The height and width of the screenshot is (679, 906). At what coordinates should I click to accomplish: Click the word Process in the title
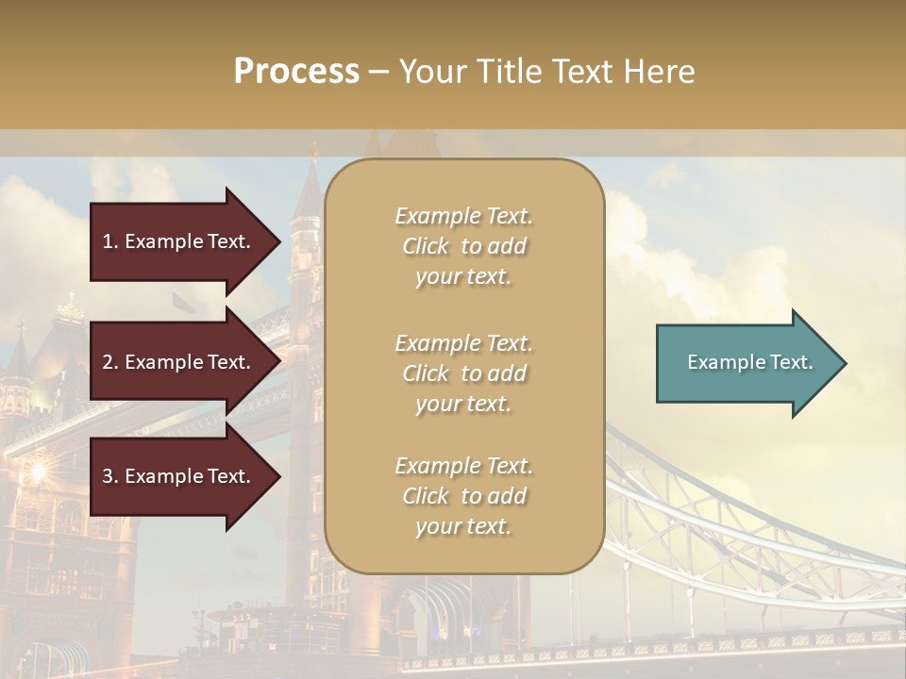tap(296, 72)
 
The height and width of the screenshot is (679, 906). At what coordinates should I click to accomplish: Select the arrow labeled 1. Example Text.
tap(179, 241)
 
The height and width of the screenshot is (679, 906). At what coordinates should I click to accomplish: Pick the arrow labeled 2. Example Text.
tap(179, 362)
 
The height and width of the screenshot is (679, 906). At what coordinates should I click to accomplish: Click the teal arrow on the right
tap(746, 363)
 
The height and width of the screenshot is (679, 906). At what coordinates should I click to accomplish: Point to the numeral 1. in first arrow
tap(110, 241)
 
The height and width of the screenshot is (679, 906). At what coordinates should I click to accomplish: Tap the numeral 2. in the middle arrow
tap(110, 362)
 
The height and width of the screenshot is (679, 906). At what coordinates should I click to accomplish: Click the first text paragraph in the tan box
tap(463, 246)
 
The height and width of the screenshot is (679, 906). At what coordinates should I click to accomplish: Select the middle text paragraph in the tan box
tap(463, 373)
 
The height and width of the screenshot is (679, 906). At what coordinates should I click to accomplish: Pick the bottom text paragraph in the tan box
tap(463, 496)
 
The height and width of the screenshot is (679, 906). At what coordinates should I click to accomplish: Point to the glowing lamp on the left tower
tap(38, 469)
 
